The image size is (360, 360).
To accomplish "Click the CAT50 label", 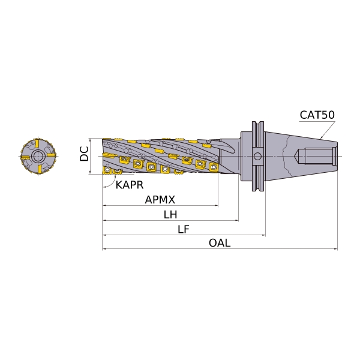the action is pos(317,115).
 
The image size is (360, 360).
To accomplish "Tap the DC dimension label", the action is pos(84,154).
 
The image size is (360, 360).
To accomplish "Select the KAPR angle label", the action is pos(130,185).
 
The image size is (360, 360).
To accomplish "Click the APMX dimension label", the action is pos(160,200).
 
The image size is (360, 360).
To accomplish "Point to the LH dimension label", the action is pos(170,215).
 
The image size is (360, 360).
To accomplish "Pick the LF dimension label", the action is pos(184,229).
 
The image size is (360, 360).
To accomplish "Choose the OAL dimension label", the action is pos(220,243).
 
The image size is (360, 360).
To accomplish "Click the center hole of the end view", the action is pos(38,157).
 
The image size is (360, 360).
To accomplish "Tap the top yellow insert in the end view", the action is pos(37,144).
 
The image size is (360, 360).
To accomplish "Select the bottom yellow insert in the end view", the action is pos(40,169).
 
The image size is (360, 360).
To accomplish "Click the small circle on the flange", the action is pos(257,157).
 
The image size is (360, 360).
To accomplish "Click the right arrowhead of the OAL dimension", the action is pos(336,248).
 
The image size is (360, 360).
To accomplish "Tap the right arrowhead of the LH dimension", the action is pos(237,220).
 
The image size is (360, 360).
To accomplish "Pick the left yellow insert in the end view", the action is pos(25,157).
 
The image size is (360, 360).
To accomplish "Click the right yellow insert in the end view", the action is pos(52,155).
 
